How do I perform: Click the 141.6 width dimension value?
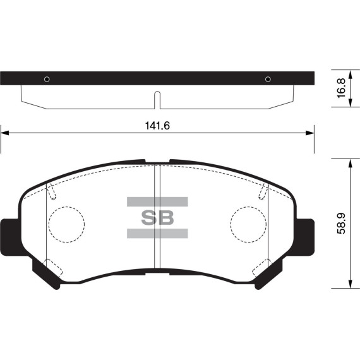(x=157, y=126)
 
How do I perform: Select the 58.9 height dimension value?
(x=342, y=224)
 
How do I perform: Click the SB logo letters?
(x=157, y=218)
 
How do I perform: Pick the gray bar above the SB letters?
(x=157, y=202)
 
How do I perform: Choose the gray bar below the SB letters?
(x=157, y=234)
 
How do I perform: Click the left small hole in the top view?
(x=46, y=79)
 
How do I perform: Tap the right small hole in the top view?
(x=268, y=79)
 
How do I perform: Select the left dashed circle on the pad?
(x=67, y=224)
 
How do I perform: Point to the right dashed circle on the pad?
(x=248, y=224)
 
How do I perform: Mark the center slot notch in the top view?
(x=157, y=99)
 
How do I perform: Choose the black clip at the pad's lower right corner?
(x=268, y=275)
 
